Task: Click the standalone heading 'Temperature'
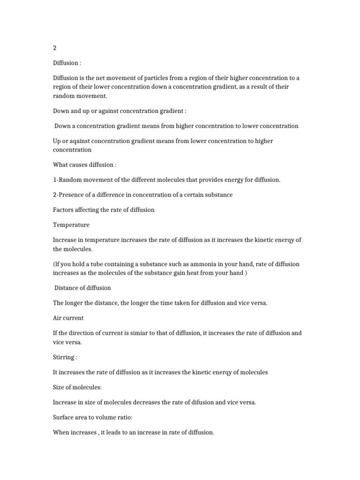pyautogui.click(x=71, y=225)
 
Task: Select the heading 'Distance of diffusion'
pyautogui.click(x=82, y=287)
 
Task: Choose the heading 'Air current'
pyautogui.click(x=68, y=318)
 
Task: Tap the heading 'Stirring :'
pyautogui.click(x=65, y=357)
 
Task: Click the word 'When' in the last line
pyautogui.click(x=62, y=432)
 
